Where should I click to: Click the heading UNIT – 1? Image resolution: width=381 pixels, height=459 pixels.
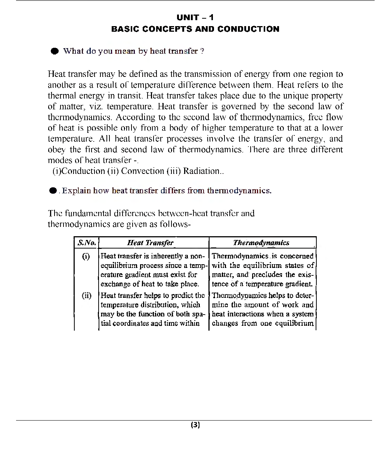[x=195, y=18]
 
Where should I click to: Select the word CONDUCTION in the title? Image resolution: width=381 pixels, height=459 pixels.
[x=248, y=29]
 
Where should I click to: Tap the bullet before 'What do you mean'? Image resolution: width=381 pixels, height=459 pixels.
[x=55, y=51]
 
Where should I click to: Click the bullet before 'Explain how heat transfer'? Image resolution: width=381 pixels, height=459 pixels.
[x=53, y=191]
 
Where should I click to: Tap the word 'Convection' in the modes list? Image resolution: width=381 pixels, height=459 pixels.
[x=142, y=171]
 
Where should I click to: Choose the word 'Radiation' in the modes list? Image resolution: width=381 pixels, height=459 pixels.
[x=201, y=171]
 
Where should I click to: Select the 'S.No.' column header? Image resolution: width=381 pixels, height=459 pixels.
[x=86, y=243]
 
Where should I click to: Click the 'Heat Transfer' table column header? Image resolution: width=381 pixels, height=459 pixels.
[x=150, y=243]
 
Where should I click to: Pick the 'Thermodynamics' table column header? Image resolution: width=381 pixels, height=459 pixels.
[x=261, y=243]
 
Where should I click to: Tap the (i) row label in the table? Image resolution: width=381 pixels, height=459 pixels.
[x=86, y=256]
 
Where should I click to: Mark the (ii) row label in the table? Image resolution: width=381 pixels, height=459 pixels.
[x=86, y=296]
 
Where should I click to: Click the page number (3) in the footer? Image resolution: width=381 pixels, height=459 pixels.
[x=195, y=425]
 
